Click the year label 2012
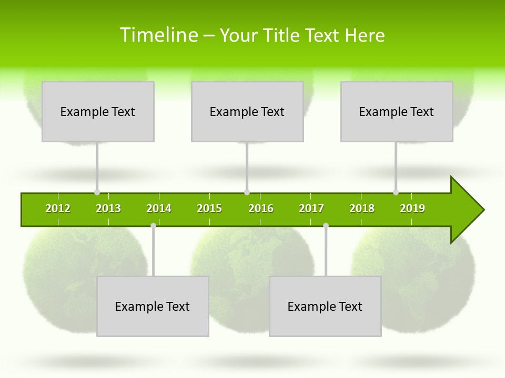(x=58, y=208)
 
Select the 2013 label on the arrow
(x=108, y=208)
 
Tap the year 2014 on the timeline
(x=159, y=208)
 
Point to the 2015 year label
(x=209, y=208)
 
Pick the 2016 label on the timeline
(x=261, y=208)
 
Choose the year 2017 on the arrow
(x=311, y=208)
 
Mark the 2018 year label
(x=362, y=208)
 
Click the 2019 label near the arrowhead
(x=412, y=208)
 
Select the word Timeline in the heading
(x=158, y=35)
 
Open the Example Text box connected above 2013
(x=98, y=111)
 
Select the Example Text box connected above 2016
(x=247, y=111)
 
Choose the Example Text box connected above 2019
(x=397, y=111)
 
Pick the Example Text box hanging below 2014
(x=153, y=306)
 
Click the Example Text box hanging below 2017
(x=325, y=306)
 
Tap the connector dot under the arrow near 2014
(x=153, y=225)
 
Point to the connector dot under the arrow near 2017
(x=326, y=225)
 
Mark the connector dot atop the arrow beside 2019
(x=396, y=192)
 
